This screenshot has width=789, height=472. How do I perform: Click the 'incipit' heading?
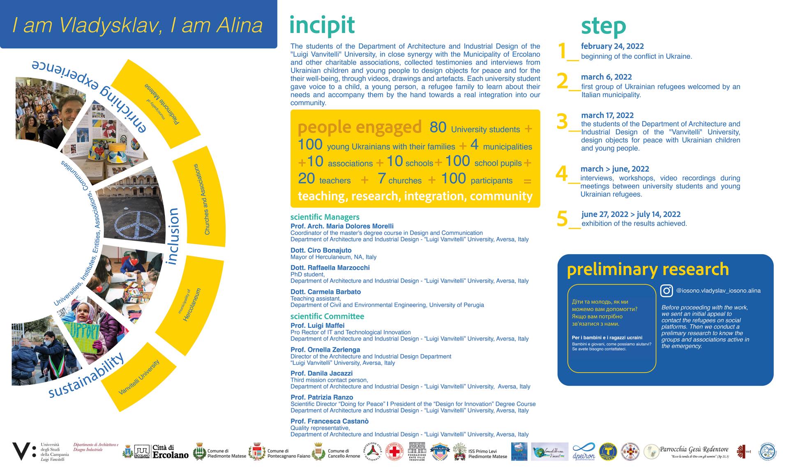click(x=322, y=25)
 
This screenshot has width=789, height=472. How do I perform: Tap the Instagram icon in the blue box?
click(x=666, y=290)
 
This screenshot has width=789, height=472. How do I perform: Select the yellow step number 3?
click(x=562, y=122)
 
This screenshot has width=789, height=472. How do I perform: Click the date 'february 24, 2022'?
click(x=612, y=46)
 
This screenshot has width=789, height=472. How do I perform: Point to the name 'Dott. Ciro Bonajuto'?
click(x=321, y=250)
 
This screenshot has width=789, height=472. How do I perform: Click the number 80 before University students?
click(x=438, y=128)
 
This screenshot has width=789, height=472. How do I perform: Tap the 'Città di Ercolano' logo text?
click(x=170, y=451)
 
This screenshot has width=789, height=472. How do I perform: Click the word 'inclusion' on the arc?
click(x=173, y=236)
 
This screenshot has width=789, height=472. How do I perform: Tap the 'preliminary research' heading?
click(x=648, y=269)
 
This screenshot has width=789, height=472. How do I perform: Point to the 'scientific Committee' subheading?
click(x=327, y=316)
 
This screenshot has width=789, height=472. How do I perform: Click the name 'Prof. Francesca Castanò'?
click(x=329, y=421)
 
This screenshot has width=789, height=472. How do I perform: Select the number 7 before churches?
click(x=382, y=179)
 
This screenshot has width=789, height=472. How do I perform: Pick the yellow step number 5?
click(x=562, y=219)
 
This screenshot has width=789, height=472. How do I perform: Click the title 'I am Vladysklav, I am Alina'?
click(x=138, y=25)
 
